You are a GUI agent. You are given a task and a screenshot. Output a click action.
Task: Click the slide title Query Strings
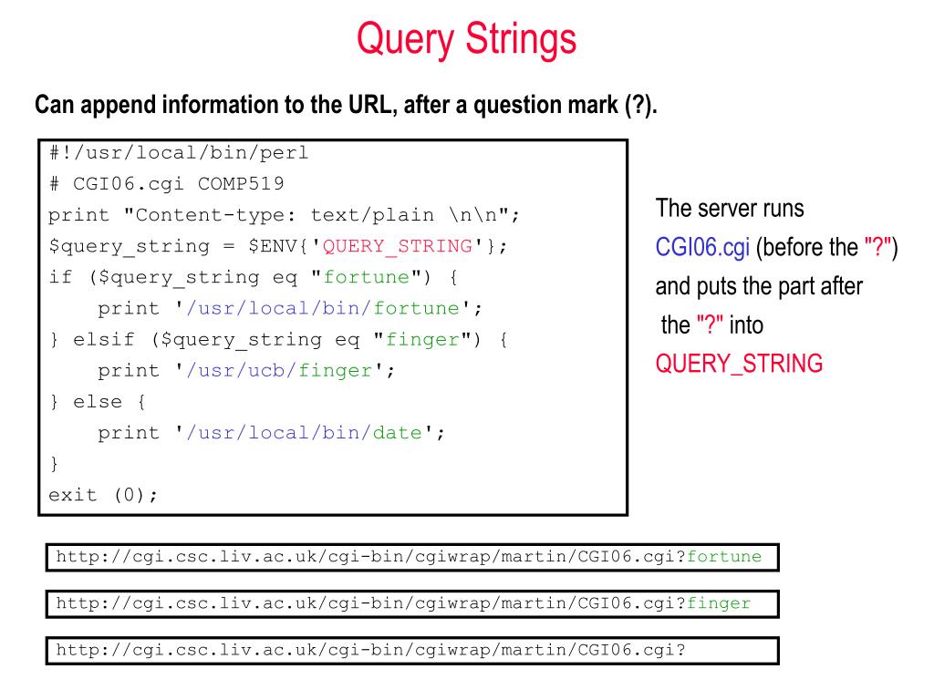[x=466, y=39]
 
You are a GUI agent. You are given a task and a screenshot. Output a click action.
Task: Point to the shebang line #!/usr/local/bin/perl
[x=179, y=153]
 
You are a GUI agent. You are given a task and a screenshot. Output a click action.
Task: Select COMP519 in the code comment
[x=241, y=184]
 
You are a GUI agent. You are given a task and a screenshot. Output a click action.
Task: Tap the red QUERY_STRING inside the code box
[x=398, y=246]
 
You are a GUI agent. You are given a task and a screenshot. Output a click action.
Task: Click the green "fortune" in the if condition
[x=367, y=277]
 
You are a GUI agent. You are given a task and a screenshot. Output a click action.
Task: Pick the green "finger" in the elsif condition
[x=422, y=339]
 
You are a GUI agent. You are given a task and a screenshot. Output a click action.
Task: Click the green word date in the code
[x=397, y=432]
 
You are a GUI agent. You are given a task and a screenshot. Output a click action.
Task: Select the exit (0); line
[x=103, y=495]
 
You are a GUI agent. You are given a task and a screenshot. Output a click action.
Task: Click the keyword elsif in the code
[x=104, y=339]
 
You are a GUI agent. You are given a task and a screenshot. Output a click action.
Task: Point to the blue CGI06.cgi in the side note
[x=702, y=247]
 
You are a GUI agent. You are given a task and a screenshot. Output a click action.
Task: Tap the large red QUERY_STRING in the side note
[x=739, y=363]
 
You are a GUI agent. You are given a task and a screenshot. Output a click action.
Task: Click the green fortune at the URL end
[x=723, y=557]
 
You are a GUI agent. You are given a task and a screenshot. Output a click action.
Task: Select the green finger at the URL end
[x=719, y=603]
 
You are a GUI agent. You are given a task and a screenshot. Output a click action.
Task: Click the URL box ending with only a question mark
[x=412, y=650]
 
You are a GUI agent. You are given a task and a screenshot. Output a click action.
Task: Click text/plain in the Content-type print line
[x=372, y=215]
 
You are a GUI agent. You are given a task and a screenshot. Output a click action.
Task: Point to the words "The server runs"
[x=730, y=209]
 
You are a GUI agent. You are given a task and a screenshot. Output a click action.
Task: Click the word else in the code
[x=97, y=401]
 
